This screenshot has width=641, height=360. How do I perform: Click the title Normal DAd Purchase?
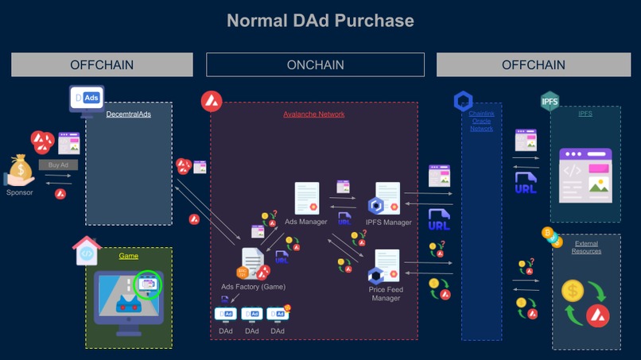pyautogui.click(x=320, y=20)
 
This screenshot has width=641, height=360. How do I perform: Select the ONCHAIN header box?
pyautogui.click(x=315, y=64)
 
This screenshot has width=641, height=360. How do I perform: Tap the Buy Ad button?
pyautogui.click(x=58, y=165)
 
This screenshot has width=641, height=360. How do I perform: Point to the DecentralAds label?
pyautogui.click(x=128, y=114)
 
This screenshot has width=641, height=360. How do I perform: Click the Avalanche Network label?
pyautogui.click(x=313, y=114)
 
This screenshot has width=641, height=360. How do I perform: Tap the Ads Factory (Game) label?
pyautogui.click(x=253, y=286)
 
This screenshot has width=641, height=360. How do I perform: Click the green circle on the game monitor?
pyautogui.click(x=148, y=285)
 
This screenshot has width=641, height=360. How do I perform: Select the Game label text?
pyautogui.click(x=128, y=256)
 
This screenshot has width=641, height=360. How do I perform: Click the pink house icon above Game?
pyautogui.click(x=87, y=251)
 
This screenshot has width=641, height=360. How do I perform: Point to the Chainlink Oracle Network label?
pyautogui.click(x=481, y=122)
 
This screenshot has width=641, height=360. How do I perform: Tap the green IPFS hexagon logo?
pyautogui.click(x=550, y=102)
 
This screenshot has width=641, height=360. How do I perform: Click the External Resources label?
pyautogui.click(x=586, y=247)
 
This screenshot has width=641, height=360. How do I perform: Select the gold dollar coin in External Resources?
pyautogui.click(x=572, y=292)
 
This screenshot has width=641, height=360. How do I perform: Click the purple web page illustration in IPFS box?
pyautogui.click(x=585, y=174)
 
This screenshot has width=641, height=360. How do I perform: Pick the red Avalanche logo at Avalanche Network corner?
pyautogui.click(x=211, y=101)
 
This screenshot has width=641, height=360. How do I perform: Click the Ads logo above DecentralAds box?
pyautogui.click(x=87, y=98)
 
